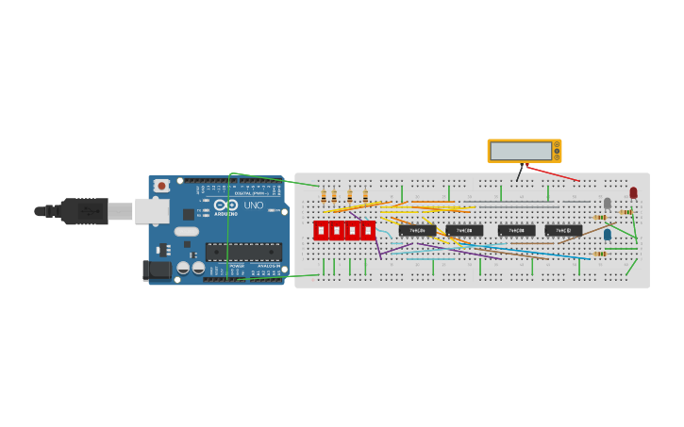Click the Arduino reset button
(x=161, y=186)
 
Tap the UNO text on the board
(x=254, y=205)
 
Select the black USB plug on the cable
(x=85, y=211)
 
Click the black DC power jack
(x=157, y=271)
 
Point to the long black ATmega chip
(x=243, y=252)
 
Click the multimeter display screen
(x=521, y=151)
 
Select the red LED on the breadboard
(x=633, y=192)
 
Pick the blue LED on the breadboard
(x=607, y=234)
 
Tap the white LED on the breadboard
(x=607, y=203)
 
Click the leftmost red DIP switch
(x=321, y=230)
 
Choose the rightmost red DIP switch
(x=368, y=230)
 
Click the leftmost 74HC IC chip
(x=417, y=230)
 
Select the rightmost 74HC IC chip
(x=563, y=230)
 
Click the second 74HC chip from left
(x=464, y=230)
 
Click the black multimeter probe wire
(x=518, y=173)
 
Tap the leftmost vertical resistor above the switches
(x=324, y=196)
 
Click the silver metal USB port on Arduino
(x=151, y=211)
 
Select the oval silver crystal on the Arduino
(x=187, y=231)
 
